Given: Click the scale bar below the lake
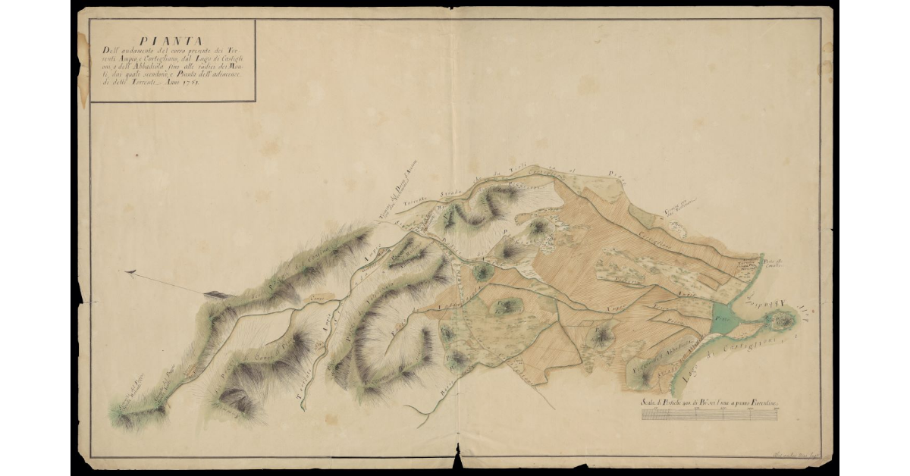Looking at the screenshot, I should click(713, 415).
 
